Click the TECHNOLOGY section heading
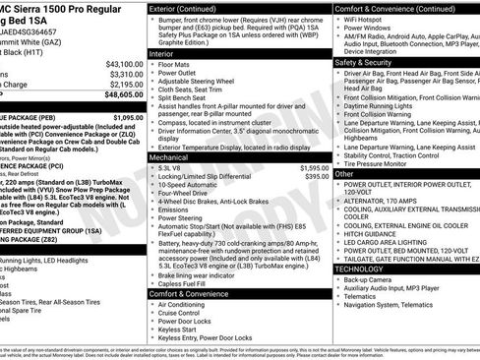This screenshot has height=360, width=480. pyautogui.click(x=359, y=269)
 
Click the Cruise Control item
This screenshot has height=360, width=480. pyautogui.click(x=187, y=313)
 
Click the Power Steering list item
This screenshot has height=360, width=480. pyautogui.click(x=186, y=218)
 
